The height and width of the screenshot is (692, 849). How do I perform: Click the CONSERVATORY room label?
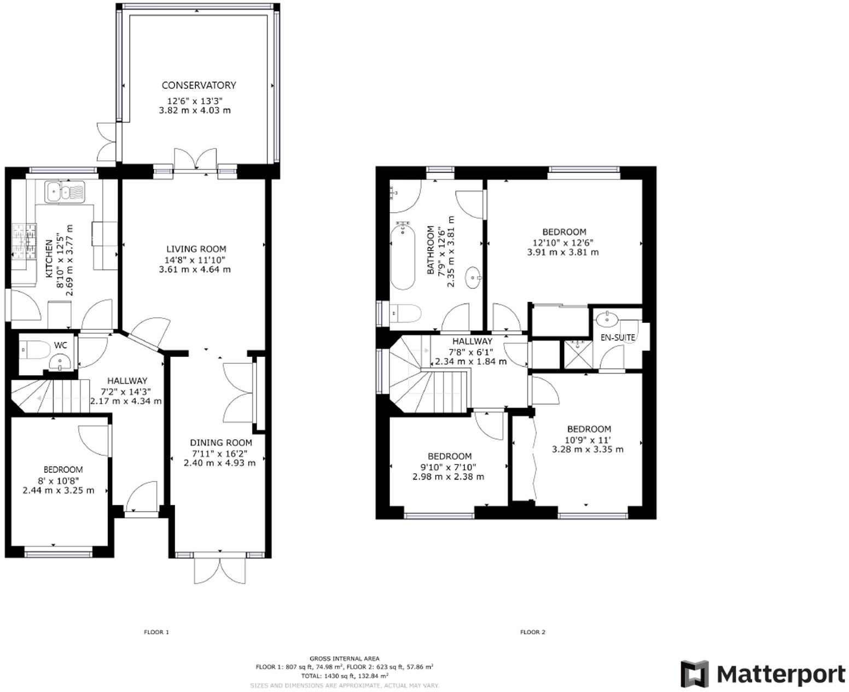pyautogui.click(x=199, y=85)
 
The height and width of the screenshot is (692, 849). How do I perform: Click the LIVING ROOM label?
pyautogui.click(x=196, y=249)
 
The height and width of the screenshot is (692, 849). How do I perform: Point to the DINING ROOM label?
pyautogui.click(x=221, y=443)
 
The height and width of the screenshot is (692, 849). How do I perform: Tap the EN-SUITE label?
pyautogui.click(x=618, y=338)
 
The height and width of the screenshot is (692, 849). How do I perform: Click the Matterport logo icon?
pyautogui.click(x=694, y=673)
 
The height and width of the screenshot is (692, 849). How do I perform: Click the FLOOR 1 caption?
pyautogui.click(x=156, y=632)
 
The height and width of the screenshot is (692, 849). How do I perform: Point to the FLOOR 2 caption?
pyautogui.click(x=533, y=632)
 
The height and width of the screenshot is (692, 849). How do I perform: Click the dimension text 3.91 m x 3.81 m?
pyautogui.click(x=563, y=252)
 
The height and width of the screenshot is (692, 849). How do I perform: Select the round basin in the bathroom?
pyautogui.click(x=472, y=278)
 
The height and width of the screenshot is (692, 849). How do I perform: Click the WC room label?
pyautogui.click(x=61, y=345)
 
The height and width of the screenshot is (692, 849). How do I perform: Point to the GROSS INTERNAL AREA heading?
pyautogui.click(x=344, y=659)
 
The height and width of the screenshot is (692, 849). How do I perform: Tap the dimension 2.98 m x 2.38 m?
pyautogui.click(x=448, y=476)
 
